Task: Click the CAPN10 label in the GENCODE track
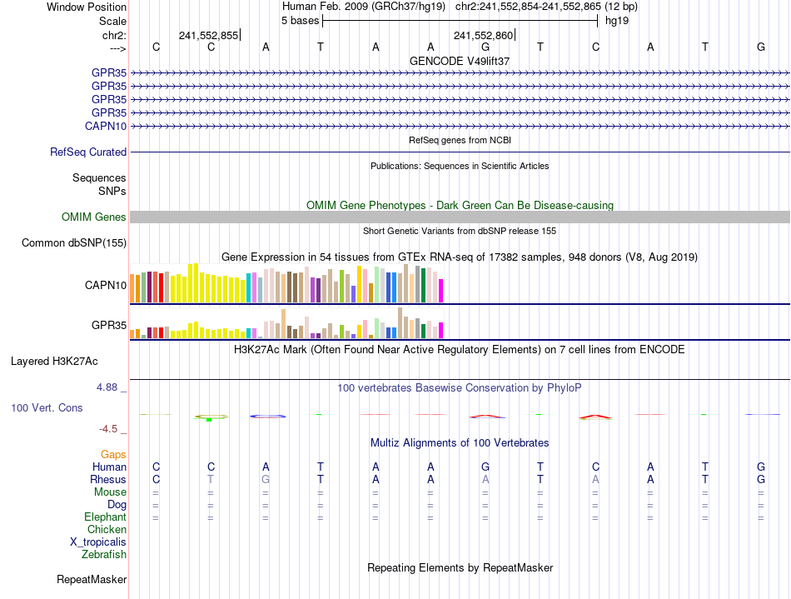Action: coord(106,126)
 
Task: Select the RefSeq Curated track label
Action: coord(88,152)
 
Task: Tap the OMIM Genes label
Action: coord(94,217)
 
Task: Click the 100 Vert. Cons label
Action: coord(47,408)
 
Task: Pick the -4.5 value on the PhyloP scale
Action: coord(110,429)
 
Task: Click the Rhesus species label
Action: coord(108,480)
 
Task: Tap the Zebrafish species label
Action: coord(104,554)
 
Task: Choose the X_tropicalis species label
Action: coord(98,542)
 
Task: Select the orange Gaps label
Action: coord(113,454)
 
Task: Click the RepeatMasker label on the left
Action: coord(92,579)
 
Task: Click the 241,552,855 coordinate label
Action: coord(208,35)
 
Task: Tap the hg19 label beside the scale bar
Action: coord(617,21)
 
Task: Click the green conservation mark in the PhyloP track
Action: coord(210,417)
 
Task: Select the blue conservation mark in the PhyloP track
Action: coord(268,415)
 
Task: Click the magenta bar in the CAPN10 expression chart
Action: coord(440,291)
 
